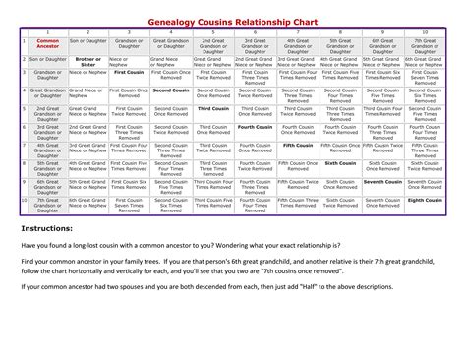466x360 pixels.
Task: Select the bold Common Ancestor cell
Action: pos(48,44)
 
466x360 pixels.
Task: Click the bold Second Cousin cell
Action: pos(171,91)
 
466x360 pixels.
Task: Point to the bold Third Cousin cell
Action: pos(212,109)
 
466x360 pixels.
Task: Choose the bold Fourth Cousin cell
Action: pos(255,127)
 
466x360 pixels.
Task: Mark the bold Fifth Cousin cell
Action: pos(296,145)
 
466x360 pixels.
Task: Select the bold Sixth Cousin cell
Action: pos(339,162)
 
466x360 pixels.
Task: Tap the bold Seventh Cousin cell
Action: pos(381,182)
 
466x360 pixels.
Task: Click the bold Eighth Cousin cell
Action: pos(424,200)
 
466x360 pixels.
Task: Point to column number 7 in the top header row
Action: pos(296,32)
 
